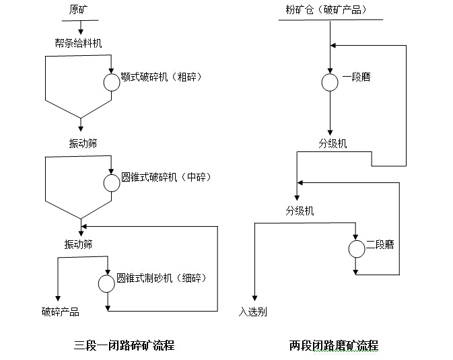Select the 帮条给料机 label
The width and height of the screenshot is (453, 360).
coord(79,43)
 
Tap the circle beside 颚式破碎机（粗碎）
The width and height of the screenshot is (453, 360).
coord(111,81)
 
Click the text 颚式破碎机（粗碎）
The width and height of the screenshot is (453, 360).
coord(162,77)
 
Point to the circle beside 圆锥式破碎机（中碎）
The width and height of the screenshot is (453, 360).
coord(111,182)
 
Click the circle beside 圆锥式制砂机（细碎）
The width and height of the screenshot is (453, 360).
coord(106,283)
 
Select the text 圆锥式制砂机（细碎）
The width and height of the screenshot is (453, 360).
coord(161,278)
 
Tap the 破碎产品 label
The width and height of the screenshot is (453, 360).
coord(60,312)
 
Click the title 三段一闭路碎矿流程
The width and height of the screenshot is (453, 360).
coord(125,345)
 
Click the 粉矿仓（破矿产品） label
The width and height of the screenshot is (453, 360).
coord(327,9)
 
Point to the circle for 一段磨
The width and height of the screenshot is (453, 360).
coord(330,81)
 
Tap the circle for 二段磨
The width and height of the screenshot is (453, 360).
coord(356,249)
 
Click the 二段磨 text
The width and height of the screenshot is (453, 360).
coord(380,245)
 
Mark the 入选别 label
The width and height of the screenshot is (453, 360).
coord(253,312)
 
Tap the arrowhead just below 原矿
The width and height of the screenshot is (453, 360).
coord(81,32)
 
